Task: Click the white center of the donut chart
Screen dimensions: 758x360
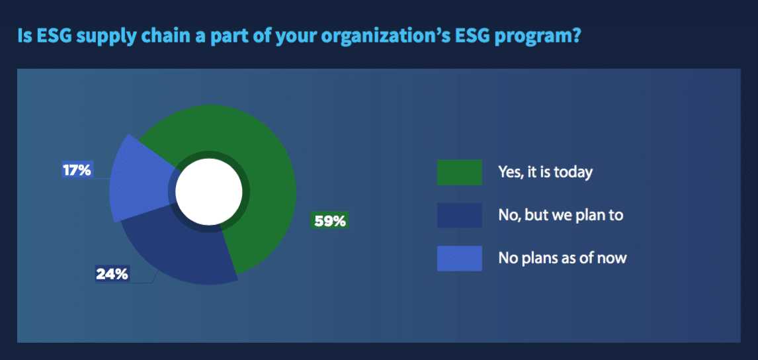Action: click(208, 192)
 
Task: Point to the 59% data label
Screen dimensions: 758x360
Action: click(329, 220)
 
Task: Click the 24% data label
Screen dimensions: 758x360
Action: click(112, 275)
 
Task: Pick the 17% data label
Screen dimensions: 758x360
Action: click(77, 170)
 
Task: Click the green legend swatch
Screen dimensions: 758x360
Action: click(459, 172)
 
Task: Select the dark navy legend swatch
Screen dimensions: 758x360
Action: click(459, 215)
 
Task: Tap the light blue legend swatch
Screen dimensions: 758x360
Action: click(459, 258)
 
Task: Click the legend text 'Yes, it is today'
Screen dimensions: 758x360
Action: click(545, 173)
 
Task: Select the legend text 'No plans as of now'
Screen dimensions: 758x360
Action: click(562, 258)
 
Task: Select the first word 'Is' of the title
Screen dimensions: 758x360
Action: click(24, 36)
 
